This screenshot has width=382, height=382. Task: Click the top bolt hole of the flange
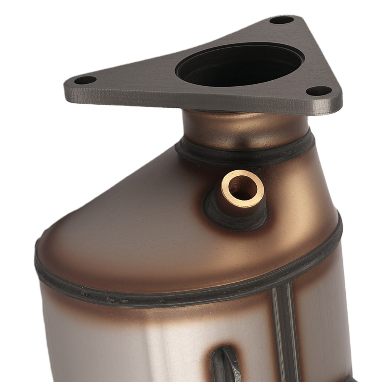(282, 20)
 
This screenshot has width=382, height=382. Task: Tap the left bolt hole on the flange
(85, 80)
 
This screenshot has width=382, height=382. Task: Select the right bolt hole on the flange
(319, 91)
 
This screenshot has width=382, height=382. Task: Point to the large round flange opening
(240, 65)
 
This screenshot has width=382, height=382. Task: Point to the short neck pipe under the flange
(244, 128)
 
